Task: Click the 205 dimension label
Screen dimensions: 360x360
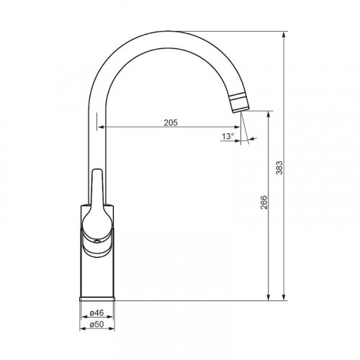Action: [x=171, y=122]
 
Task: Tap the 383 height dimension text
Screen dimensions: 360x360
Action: [x=279, y=168]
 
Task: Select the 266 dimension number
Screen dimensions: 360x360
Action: [x=264, y=202]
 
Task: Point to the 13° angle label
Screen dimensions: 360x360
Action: [x=228, y=136]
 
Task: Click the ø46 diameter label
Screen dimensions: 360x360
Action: [x=96, y=312]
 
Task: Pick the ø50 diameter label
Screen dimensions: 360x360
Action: [x=96, y=324]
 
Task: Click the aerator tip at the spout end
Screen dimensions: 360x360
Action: [x=239, y=104]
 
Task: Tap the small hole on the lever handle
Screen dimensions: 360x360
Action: [x=97, y=241]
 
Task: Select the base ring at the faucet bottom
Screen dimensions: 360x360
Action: [x=97, y=299]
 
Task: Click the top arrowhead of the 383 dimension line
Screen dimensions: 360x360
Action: [x=284, y=35]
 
